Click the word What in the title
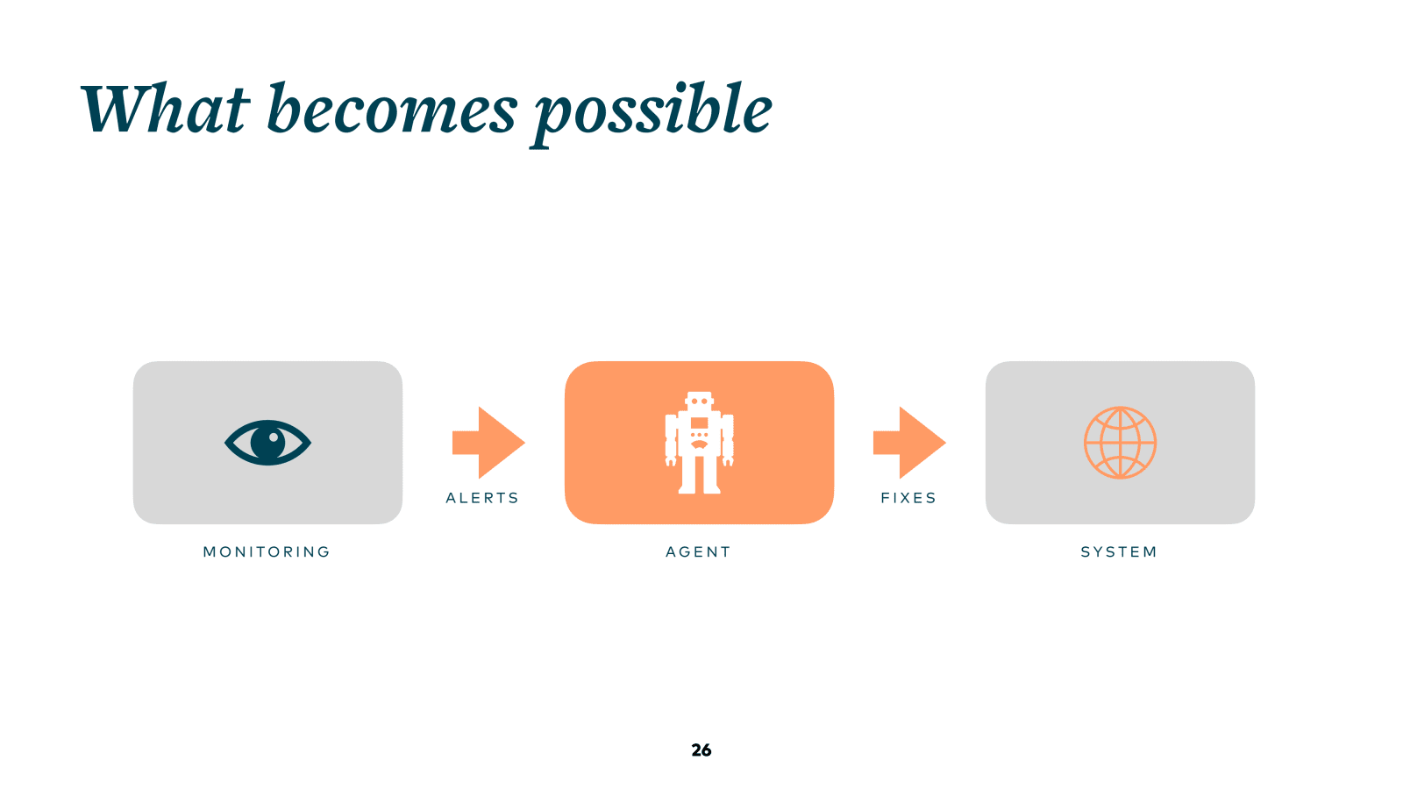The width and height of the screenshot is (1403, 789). point(165,110)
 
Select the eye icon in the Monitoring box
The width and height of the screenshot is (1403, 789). point(267,443)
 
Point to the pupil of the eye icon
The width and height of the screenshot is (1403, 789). point(268,442)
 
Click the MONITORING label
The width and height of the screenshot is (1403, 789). point(267,552)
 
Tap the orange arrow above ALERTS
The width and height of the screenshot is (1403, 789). point(488,443)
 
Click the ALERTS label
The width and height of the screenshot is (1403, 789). point(482,498)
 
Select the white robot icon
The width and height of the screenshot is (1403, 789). point(699,443)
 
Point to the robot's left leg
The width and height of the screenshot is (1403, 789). point(688,473)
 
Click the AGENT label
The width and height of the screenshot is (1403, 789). point(698,552)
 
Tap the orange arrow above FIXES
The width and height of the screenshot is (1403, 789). point(908,443)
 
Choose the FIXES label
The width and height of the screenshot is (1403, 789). point(908,498)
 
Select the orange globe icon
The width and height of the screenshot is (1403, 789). point(1120,443)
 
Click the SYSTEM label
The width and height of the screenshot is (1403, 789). point(1119,552)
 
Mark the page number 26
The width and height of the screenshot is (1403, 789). point(701,750)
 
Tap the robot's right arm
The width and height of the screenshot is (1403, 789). point(727,438)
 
